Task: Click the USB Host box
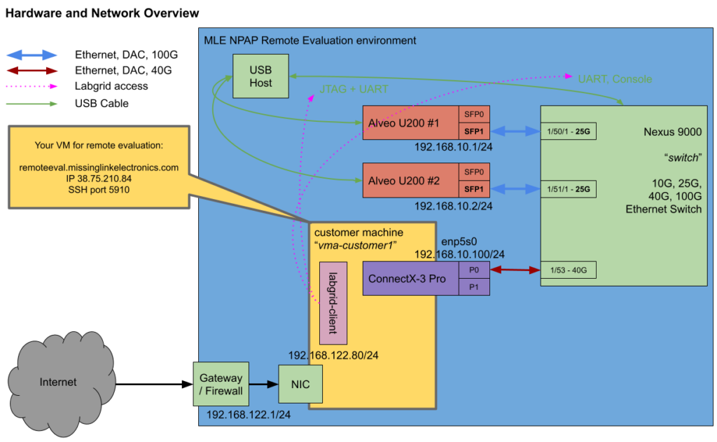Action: [260, 76]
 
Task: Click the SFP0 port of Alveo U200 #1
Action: [474, 113]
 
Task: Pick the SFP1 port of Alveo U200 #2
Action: [474, 189]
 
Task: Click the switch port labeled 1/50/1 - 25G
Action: [568, 131]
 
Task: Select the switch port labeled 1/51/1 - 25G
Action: [568, 188]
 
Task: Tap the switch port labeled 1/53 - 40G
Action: [568, 270]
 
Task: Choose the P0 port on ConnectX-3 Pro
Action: [474, 270]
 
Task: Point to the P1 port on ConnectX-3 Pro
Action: [474, 286]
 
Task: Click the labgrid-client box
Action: [333, 303]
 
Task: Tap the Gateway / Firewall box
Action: [221, 384]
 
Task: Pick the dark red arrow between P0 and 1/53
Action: [515, 270]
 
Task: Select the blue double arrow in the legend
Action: [32, 55]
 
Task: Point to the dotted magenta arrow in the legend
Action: [32, 87]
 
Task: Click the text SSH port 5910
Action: [99, 190]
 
